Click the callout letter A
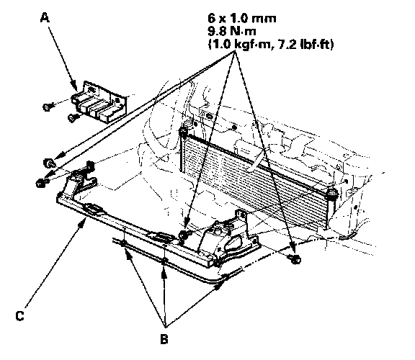[45, 18]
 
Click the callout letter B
[164, 339]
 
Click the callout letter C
[20, 316]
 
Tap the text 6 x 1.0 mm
[241, 18]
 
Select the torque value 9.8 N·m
[232, 31]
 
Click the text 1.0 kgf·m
[238, 44]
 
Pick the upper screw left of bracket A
[48, 107]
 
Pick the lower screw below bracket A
[72, 118]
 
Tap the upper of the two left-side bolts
[49, 163]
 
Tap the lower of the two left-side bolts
[40, 182]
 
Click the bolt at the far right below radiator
[295, 259]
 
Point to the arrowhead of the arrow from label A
[74, 86]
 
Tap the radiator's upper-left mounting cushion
[182, 132]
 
